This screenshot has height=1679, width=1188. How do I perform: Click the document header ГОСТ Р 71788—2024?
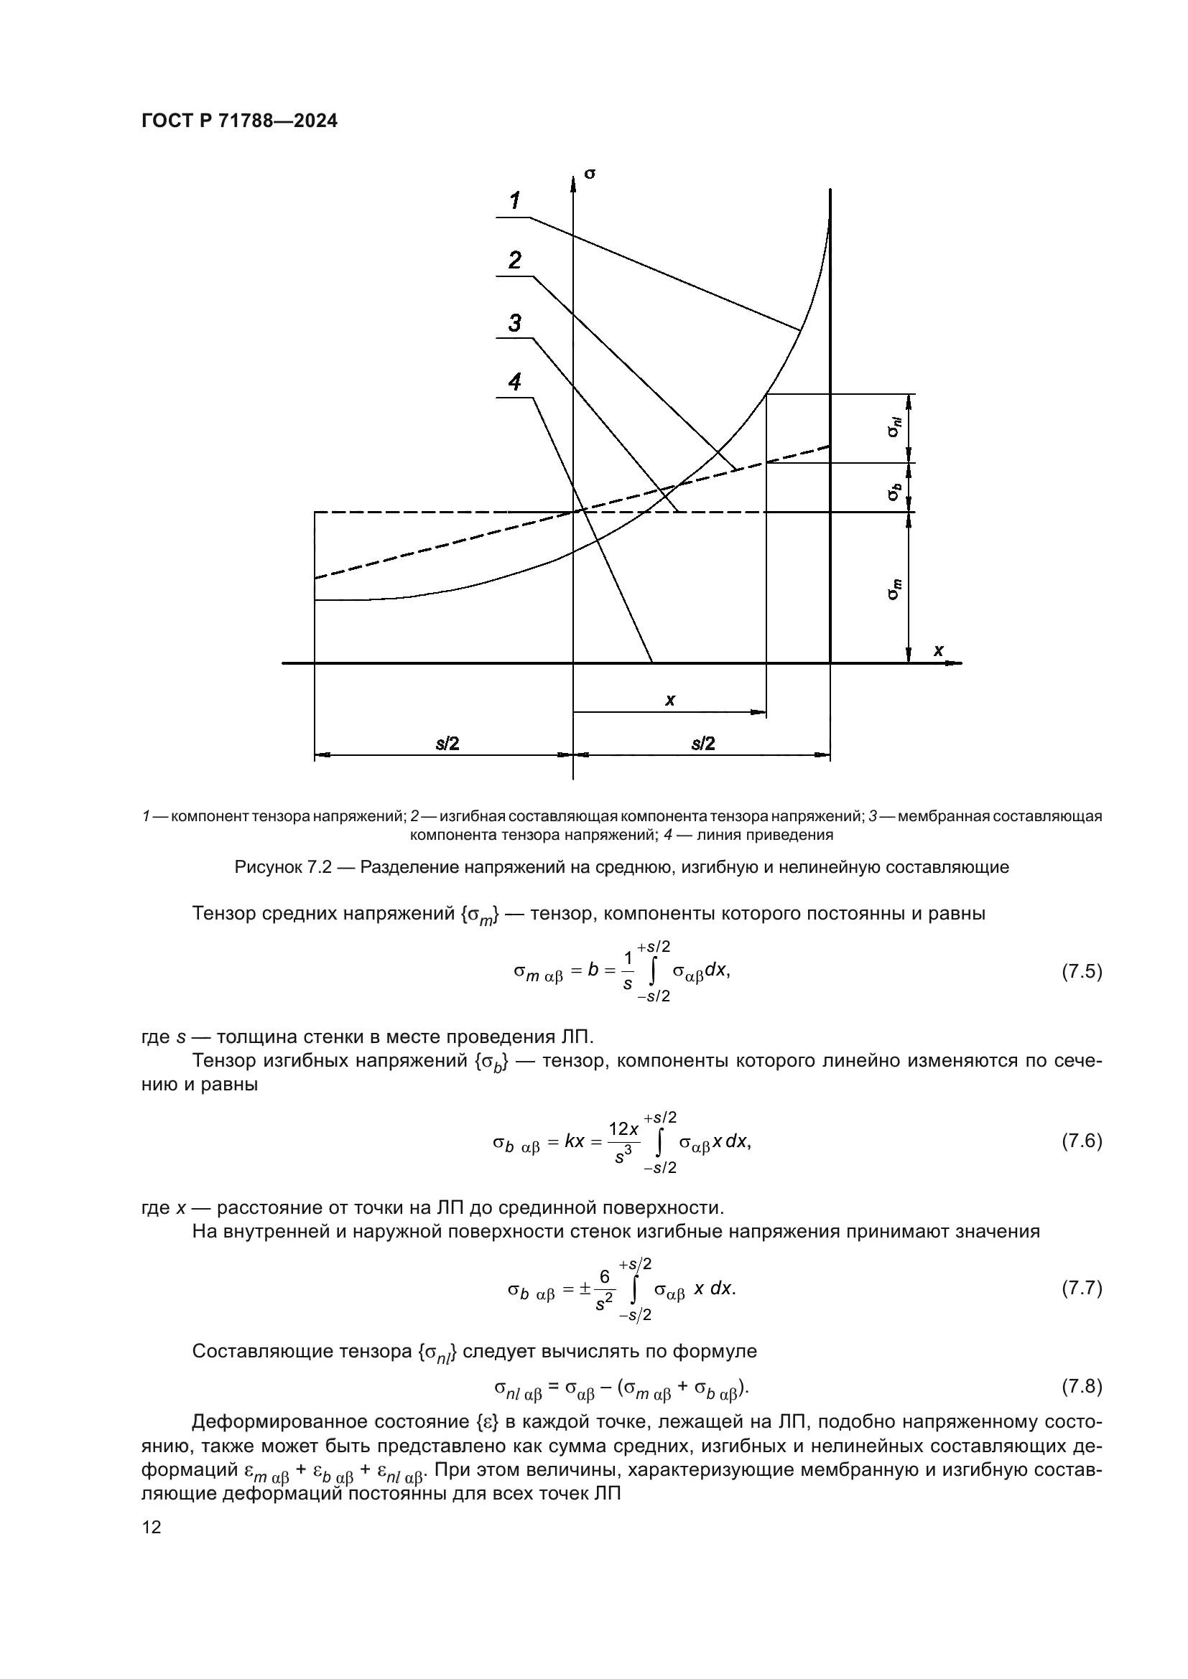[239, 121]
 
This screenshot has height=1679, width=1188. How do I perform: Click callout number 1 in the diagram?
[515, 200]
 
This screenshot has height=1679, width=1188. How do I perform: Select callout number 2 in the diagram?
[515, 260]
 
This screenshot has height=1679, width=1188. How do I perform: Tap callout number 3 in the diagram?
[515, 322]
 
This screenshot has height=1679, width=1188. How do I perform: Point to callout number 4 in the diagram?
[515, 382]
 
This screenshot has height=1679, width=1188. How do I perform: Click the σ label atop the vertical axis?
[590, 173]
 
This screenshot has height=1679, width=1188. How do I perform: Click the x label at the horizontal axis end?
[938, 650]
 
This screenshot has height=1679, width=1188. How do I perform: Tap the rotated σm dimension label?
[895, 589]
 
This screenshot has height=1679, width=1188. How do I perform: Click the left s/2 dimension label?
[447, 744]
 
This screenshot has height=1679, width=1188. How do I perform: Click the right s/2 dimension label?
[703, 744]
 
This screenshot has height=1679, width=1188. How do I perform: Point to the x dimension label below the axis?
[669, 701]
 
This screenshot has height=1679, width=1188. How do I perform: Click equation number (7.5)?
[1081, 972]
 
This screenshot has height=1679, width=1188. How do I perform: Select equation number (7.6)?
[1081, 1141]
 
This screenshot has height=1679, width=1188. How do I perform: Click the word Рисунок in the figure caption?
[267, 867]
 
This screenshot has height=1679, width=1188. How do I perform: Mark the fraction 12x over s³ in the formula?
[623, 1142]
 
